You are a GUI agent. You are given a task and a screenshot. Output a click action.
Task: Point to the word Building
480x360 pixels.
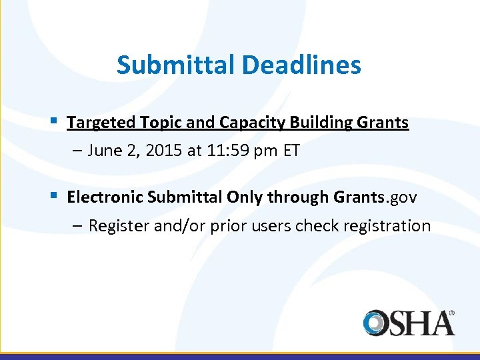(317, 123)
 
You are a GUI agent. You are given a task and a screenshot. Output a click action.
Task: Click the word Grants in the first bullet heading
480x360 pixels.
(383, 123)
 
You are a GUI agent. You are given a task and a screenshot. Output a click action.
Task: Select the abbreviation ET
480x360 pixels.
(291, 151)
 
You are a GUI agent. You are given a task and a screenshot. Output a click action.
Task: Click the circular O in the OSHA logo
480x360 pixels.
(378, 323)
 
